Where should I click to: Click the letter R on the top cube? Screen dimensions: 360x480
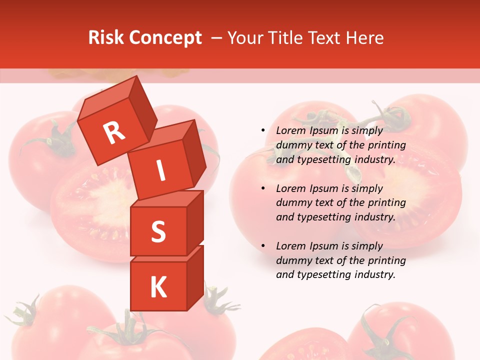point(114,132)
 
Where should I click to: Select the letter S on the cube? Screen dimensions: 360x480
point(158,231)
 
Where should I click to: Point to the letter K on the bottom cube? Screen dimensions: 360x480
point(158,287)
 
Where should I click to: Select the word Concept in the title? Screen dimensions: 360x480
point(164,38)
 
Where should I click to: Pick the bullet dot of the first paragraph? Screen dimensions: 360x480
point(263,130)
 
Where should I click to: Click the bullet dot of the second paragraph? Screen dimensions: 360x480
point(263,188)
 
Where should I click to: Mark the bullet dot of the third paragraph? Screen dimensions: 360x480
point(263,246)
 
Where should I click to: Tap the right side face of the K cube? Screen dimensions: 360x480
point(195,277)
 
